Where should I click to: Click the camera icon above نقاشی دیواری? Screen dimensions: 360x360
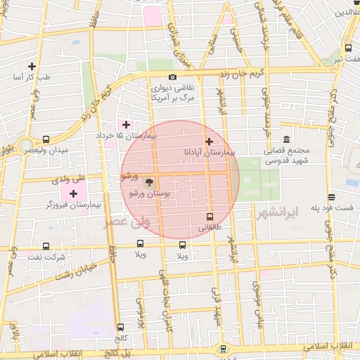coord(172,77)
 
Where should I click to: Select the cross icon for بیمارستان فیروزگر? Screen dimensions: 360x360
coord(73,193)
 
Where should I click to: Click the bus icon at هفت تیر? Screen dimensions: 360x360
coord(349,48)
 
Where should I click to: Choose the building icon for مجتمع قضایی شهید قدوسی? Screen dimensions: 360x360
coord(286,139)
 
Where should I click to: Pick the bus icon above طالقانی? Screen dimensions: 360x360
coord(209,217)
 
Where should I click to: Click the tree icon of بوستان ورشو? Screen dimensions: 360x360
coord(137,182)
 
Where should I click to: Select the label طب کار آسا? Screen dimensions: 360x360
coord(31,77)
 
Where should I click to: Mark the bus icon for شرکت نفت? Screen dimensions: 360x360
coord(46,246)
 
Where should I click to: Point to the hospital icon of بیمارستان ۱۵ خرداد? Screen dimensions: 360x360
coord(126,124)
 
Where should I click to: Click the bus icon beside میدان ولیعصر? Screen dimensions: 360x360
coord(46,139)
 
